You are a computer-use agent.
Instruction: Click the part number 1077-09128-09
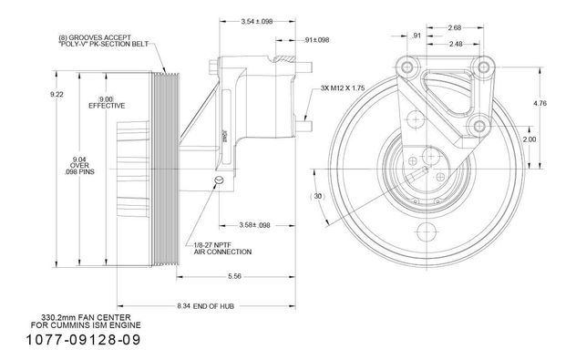83,339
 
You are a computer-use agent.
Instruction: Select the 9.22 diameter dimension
57,95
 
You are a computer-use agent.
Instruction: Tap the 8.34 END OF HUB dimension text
205,306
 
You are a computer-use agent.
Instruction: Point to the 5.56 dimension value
234,276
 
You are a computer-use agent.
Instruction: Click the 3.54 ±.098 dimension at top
257,21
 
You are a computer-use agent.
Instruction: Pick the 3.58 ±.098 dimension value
254,225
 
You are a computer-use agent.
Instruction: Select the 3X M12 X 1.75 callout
343,88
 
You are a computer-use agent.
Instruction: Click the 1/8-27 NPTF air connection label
222,248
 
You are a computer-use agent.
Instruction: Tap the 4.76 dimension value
540,103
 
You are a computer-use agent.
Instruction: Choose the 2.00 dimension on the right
530,139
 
